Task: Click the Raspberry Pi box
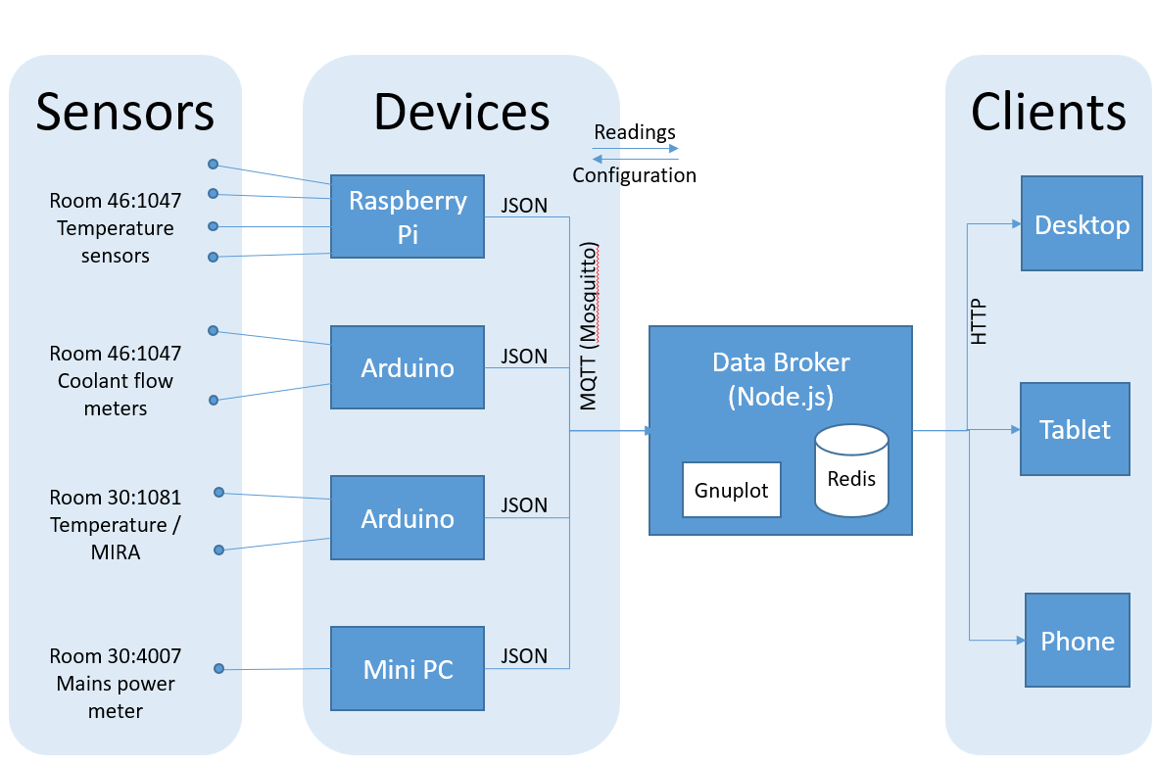pos(408,216)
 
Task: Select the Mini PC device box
pos(408,669)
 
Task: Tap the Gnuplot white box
pos(731,490)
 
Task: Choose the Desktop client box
pos(1082,224)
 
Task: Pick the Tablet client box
pos(1075,429)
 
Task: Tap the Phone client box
pos(1078,641)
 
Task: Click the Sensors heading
pos(125,111)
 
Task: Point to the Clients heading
pos(1048,111)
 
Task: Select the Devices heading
pos(461,111)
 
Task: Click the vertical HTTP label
pos(979,321)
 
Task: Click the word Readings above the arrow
pos(635,132)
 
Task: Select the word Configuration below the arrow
pos(635,176)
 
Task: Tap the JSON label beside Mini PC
pos(524,655)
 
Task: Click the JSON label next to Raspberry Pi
pos(524,205)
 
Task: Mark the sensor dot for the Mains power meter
pos(219,669)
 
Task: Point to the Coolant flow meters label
pos(116,395)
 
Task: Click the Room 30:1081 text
pos(116,497)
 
